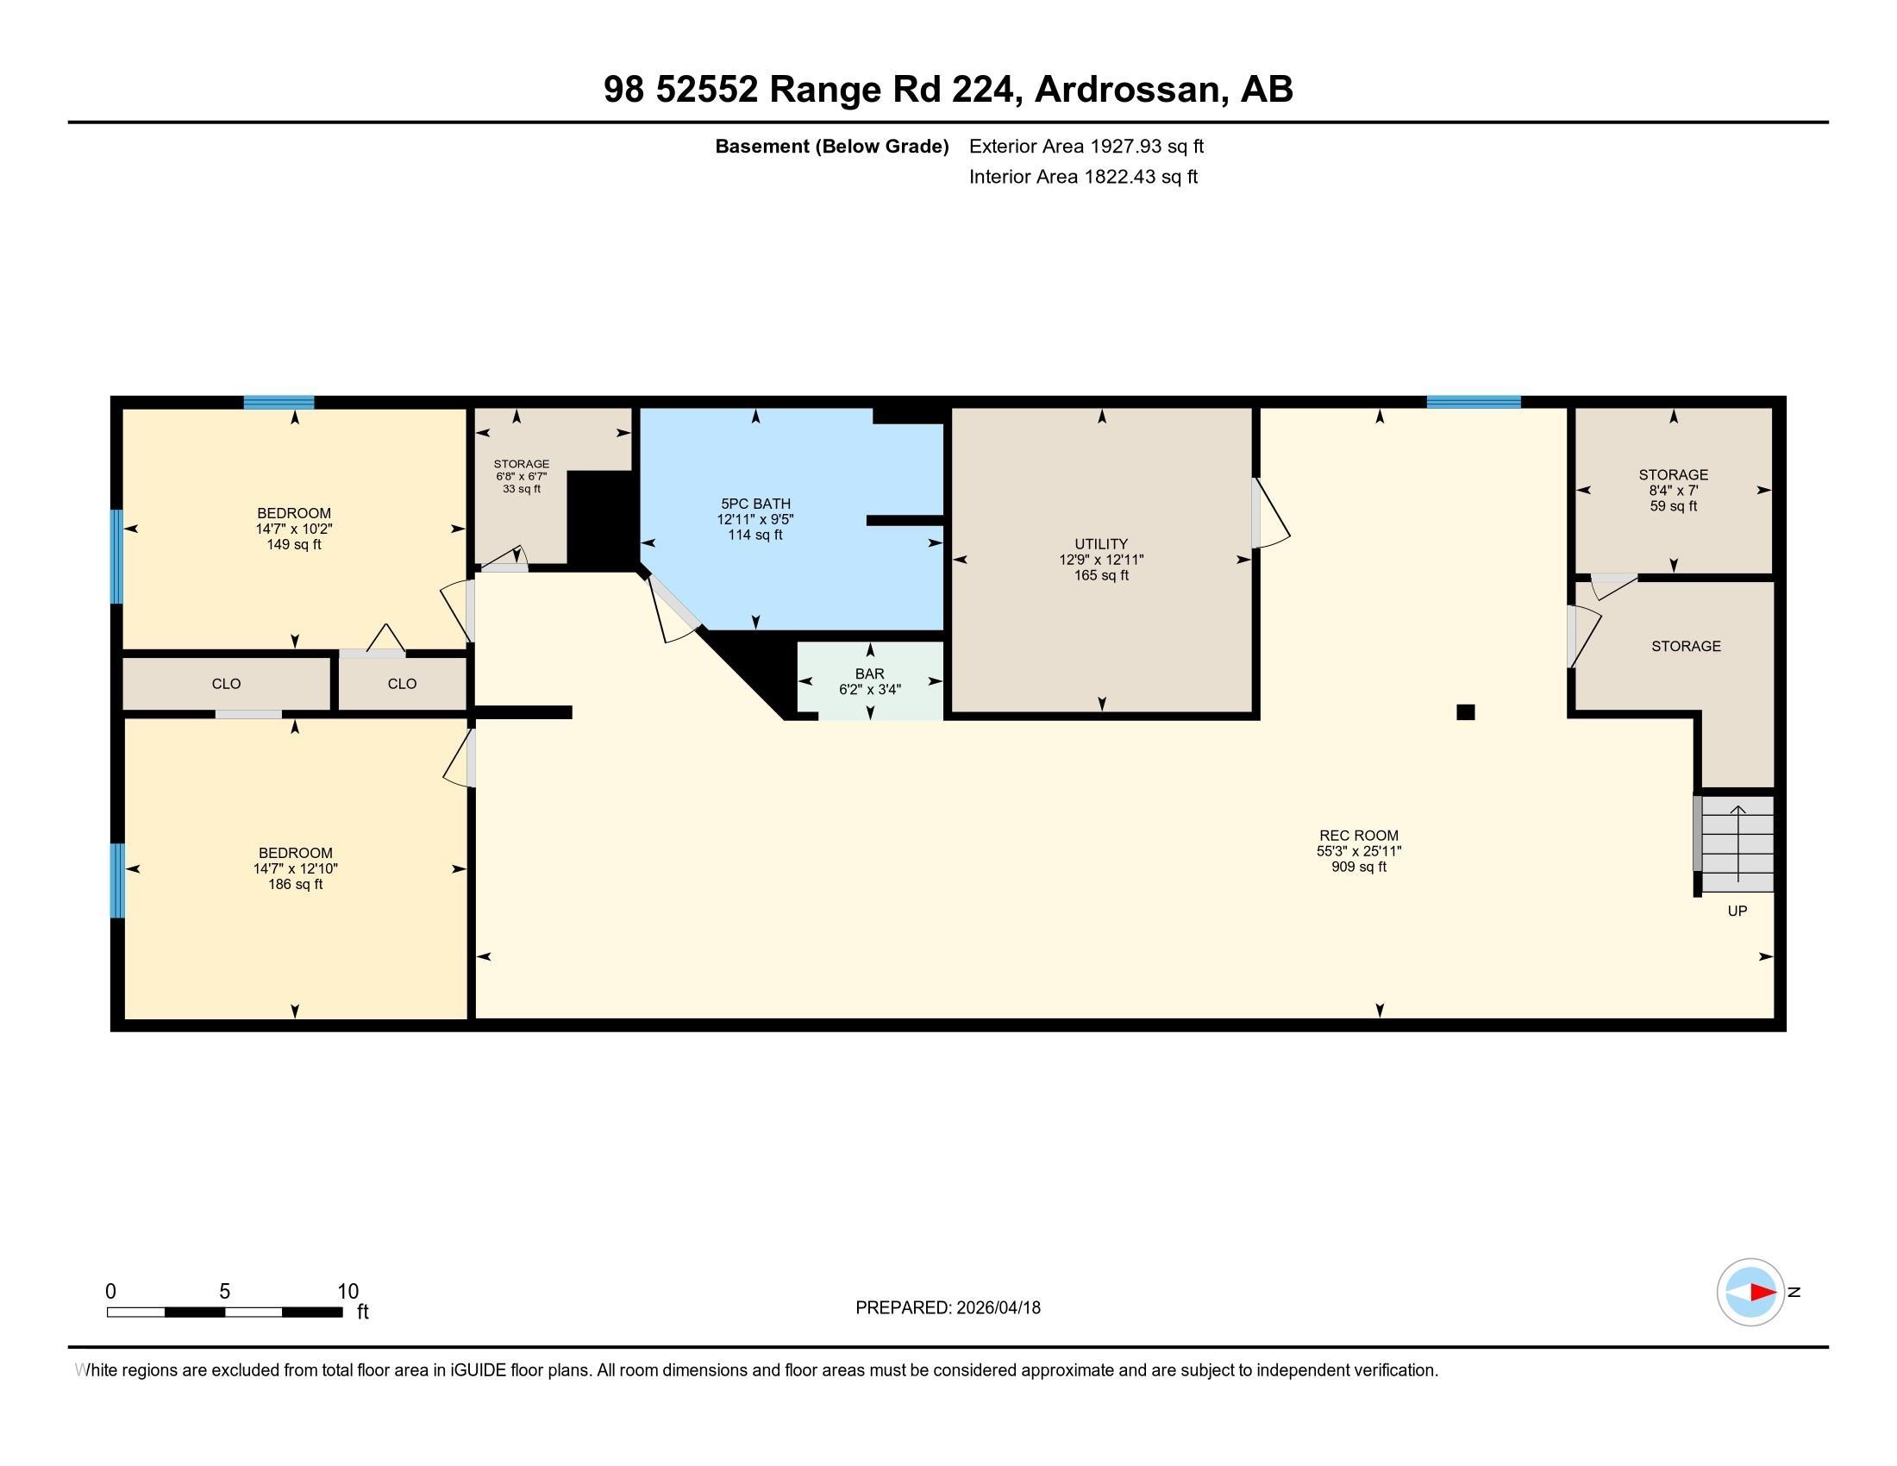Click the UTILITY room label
(x=1100, y=543)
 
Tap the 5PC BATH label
(x=754, y=504)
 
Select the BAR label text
(x=869, y=674)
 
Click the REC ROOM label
(x=1358, y=836)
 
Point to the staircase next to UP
(x=1737, y=844)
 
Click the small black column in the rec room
(x=1465, y=712)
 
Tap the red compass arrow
(x=1762, y=1293)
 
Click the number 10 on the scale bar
(x=347, y=1291)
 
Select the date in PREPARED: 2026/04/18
(x=998, y=1308)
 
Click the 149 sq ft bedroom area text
(x=293, y=544)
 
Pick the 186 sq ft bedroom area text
(x=295, y=884)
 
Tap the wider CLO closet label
(x=226, y=684)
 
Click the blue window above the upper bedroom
(x=278, y=402)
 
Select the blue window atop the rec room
(x=1473, y=402)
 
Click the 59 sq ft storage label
(x=1673, y=505)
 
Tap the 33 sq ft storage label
(x=521, y=489)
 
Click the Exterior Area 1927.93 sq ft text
(x=1086, y=146)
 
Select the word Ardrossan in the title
(x=1127, y=90)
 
